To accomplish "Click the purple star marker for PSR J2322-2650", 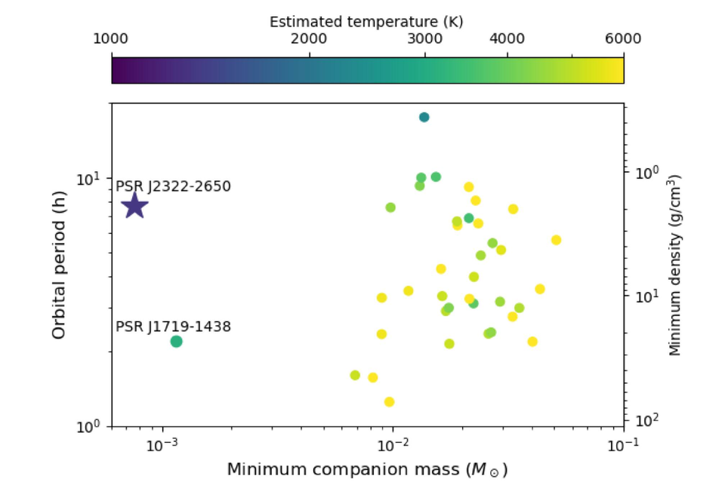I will [x=135, y=205].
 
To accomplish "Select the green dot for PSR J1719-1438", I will [x=177, y=342].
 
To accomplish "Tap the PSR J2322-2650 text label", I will [x=173, y=186].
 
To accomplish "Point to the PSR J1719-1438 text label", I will [x=173, y=327].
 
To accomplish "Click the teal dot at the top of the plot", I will [x=424, y=117].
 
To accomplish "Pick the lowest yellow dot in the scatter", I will [x=389, y=402].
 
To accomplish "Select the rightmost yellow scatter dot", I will [x=556, y=240].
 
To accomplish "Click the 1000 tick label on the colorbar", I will [x=112, y=39].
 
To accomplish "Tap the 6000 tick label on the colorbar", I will [x=623, y=39].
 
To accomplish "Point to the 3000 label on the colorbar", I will [x=424, y=39].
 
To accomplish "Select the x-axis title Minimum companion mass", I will [x=367, y=470].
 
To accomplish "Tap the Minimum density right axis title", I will [x=675, y=264].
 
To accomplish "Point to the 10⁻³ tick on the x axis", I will [x=162, y=445].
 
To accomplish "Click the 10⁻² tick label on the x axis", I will [x=393, y=445].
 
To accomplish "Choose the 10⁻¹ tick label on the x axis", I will [x=623, y=445].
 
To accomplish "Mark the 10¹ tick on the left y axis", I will [x=89, y=178].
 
